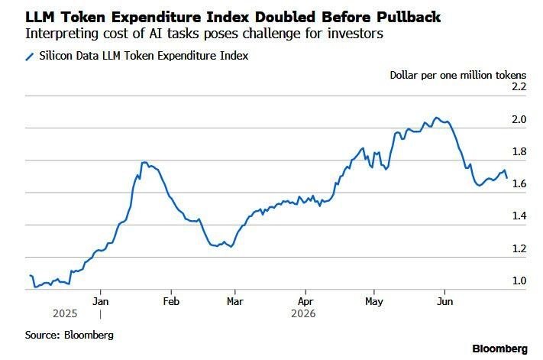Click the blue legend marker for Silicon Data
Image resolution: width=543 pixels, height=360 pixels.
(x=30, y=57)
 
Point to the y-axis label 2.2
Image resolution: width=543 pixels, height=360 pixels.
(x=519, y=86)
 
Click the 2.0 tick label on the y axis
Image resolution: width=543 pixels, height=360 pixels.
(x=519, y=119)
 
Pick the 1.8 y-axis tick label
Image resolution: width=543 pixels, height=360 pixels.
(x=519, y=152)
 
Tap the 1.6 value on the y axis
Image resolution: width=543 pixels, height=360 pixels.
(x=519, y=183)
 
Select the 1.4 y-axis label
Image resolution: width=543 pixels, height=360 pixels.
(x=519, y=216)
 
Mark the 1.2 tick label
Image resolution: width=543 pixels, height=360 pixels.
(x=519, y=248)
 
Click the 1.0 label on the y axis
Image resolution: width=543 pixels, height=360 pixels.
(x=519, y=281)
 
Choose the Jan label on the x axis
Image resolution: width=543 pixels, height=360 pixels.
(x=100, y=301)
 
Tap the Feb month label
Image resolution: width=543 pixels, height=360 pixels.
(x=171, y=301)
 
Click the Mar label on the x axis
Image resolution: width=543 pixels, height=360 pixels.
(x=234, y=301)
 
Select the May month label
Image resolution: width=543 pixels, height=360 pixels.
(x=374, y=302)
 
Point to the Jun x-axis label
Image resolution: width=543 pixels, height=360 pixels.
(x=444, y=301)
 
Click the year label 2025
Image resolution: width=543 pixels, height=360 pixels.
(x=65, y=314)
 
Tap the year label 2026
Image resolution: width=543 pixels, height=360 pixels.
(x=303, y=314)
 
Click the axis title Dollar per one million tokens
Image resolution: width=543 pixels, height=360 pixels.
(x=457, y=76)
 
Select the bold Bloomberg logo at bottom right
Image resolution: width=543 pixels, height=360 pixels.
(x=499, y=349)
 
